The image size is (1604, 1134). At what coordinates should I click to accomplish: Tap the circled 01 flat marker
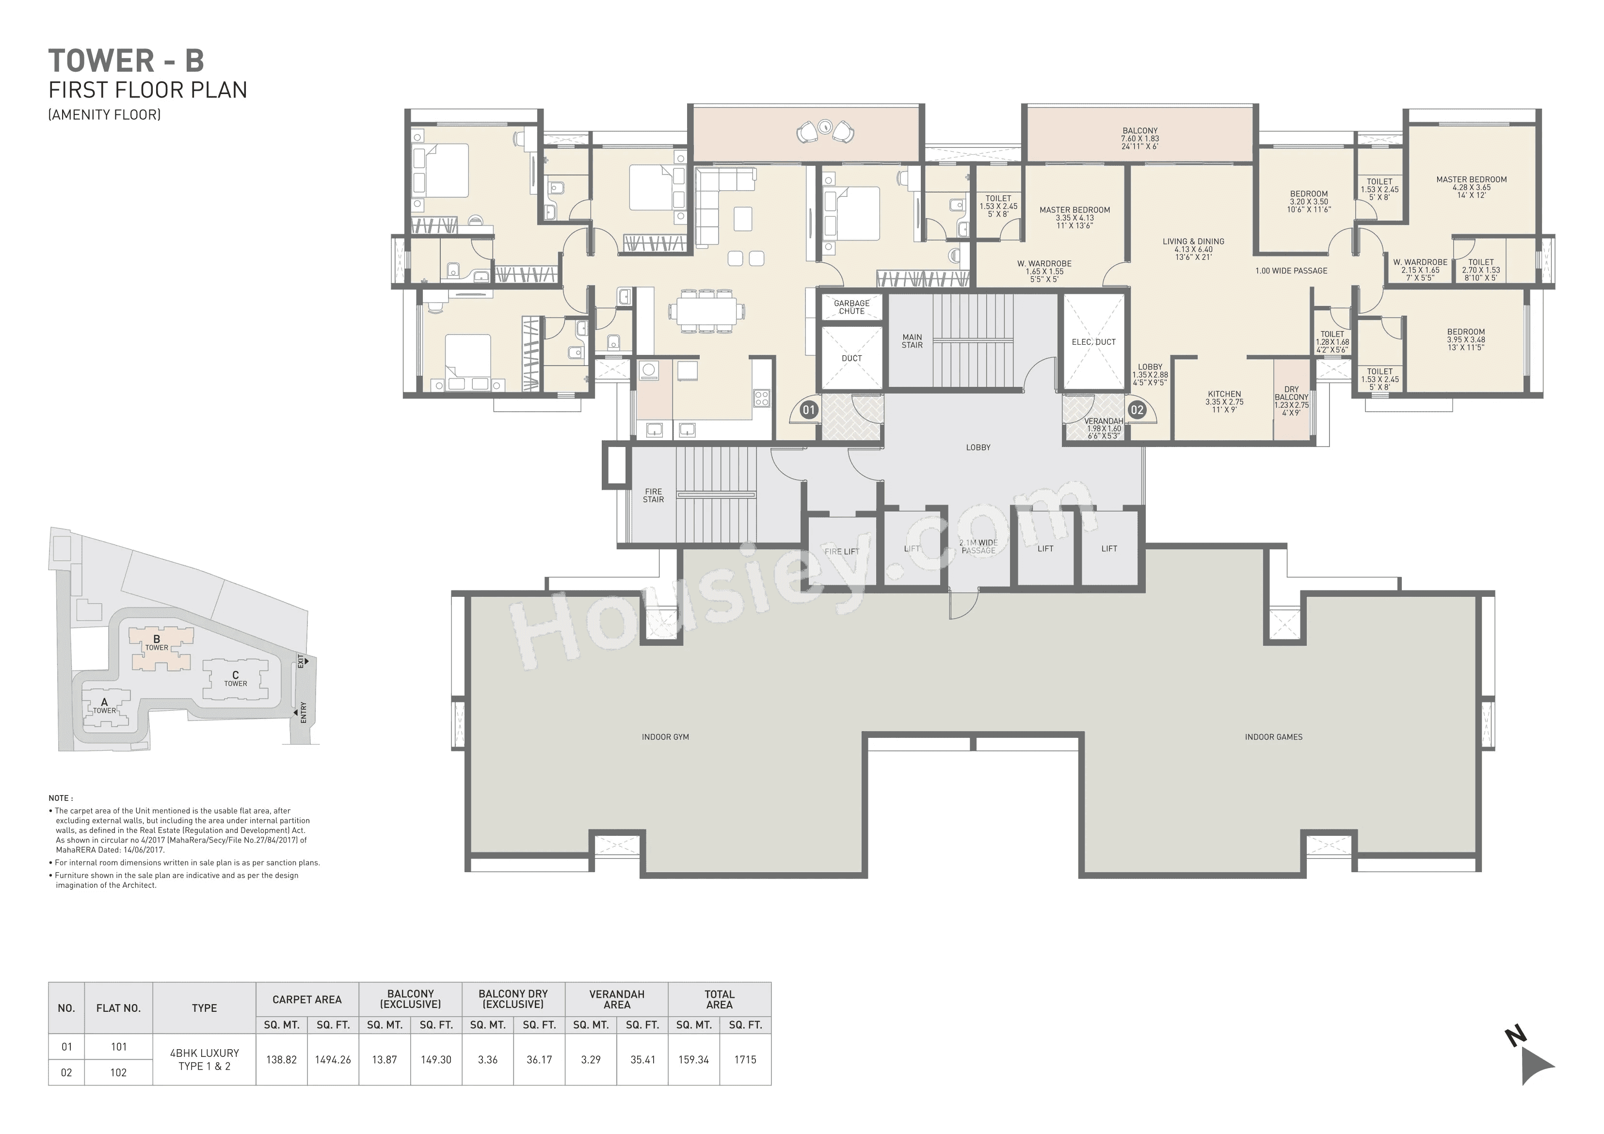click(x=808, y=410)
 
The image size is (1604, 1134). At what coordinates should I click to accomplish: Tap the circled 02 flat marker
click(x=1137, y=410)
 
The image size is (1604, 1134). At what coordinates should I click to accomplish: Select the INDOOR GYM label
click(x=665, y=736)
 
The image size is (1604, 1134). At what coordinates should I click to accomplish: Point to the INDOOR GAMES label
click(x=1273, y=736)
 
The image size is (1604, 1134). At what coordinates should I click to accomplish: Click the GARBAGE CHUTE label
click(x=851, y=307)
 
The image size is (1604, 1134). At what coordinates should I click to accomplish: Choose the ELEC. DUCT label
click(x=1093, y=342)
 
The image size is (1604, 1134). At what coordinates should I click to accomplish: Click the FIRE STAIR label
click(x=653, y=495)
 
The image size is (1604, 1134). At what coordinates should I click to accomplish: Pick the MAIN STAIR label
click(x=912, y=341)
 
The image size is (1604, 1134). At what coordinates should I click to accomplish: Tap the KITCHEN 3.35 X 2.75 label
click(x=1224, y=398)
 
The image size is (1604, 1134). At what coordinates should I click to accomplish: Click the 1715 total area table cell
click(x=745, y=1059)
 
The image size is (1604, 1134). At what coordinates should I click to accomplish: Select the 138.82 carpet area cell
click(x=282, y=1059)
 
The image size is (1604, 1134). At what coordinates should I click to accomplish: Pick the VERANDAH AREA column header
click(x=616, y=999)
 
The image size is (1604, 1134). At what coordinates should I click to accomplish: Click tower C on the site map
click(x=236, y=678)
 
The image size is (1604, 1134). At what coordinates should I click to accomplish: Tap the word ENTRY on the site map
click(x=303, y=712)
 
